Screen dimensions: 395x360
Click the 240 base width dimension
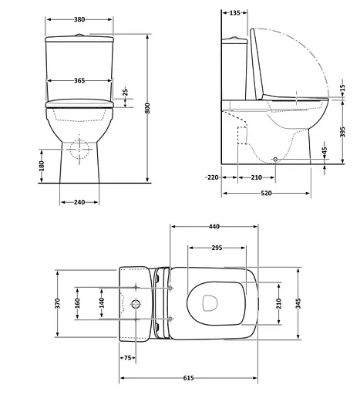[80, 201]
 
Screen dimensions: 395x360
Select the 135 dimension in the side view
[234, 12]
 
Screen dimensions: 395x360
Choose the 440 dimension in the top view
[214, 227]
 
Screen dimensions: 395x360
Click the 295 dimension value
[217, 248]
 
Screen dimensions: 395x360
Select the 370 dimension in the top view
[57, 304]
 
